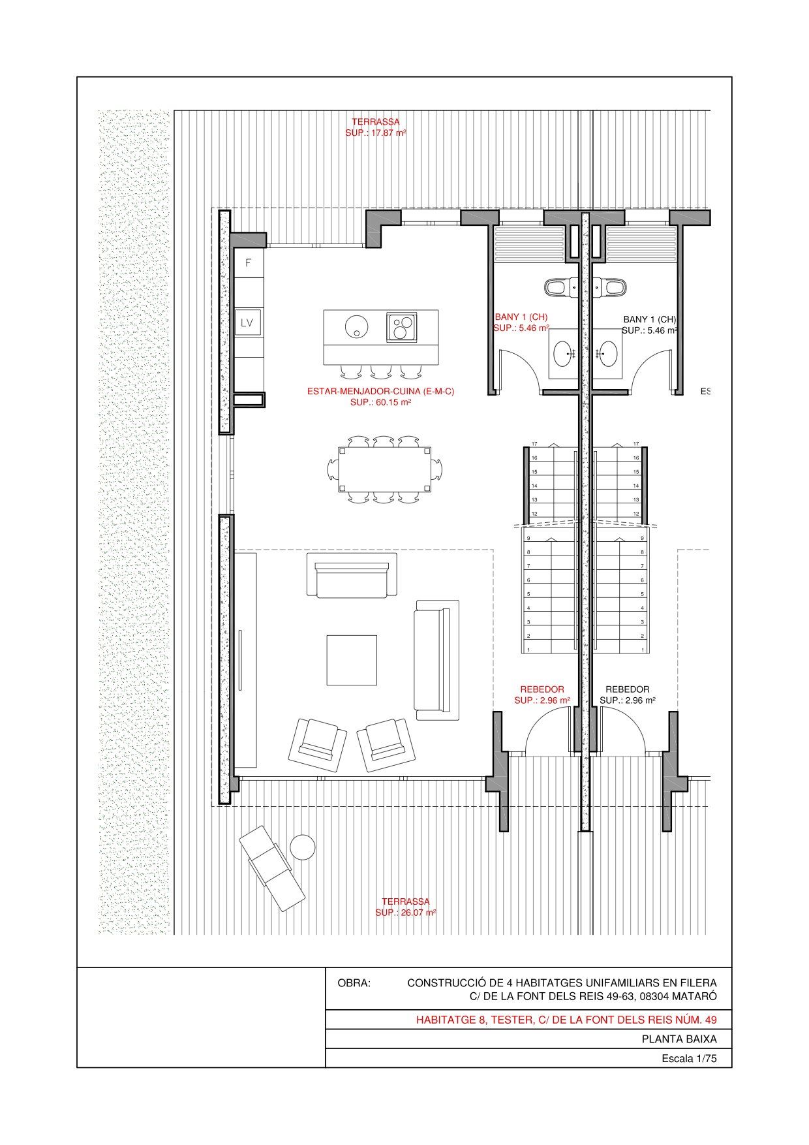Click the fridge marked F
point(249,262)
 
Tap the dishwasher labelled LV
point(248,322)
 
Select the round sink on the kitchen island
point(357,326)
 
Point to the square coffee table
point(352,660)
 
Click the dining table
point(384,469)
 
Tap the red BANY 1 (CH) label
point(521,317)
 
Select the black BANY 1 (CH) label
point(650,319)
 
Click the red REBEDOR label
point(542,689)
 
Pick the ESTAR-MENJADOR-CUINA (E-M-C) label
point(380,392)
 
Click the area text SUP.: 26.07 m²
point(405,913)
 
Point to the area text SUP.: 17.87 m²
point(376,133)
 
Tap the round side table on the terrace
point(303,847)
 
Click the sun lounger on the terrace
point(271,868)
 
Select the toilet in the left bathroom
point(561,287)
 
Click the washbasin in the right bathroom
point(609,354)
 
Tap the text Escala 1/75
point(689,1059)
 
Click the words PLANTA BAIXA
point(679,1039)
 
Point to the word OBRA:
point(354,983)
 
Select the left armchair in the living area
point(318,745)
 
